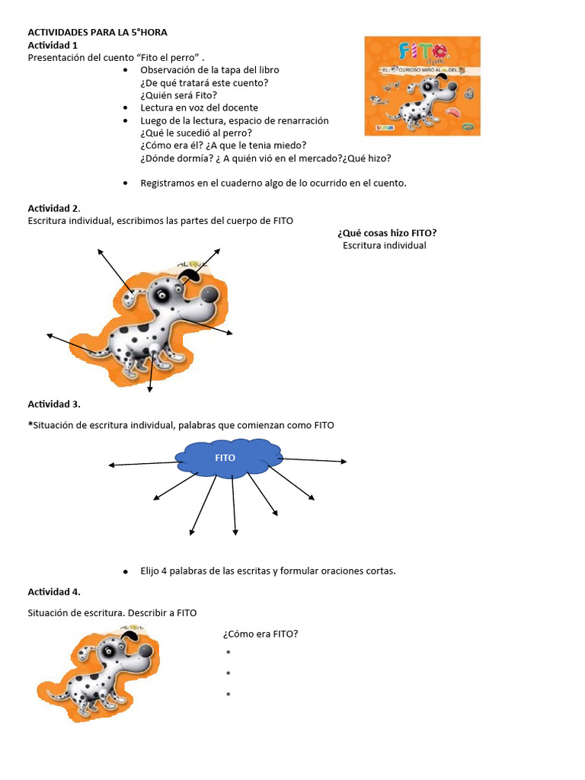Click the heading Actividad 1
[53, 45]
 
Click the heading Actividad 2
[54, 208]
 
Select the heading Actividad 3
[54, 404]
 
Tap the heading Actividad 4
[54, 592]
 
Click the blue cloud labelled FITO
[226, 459]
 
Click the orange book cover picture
[421, 85]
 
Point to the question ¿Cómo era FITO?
[260, 634]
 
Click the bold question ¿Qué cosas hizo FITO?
[387, 232]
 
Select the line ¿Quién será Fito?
[179, 95]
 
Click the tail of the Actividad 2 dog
[91, 351]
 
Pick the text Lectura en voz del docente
[200, 107]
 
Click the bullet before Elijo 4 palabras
[125, 571]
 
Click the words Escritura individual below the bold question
[385, 245]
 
